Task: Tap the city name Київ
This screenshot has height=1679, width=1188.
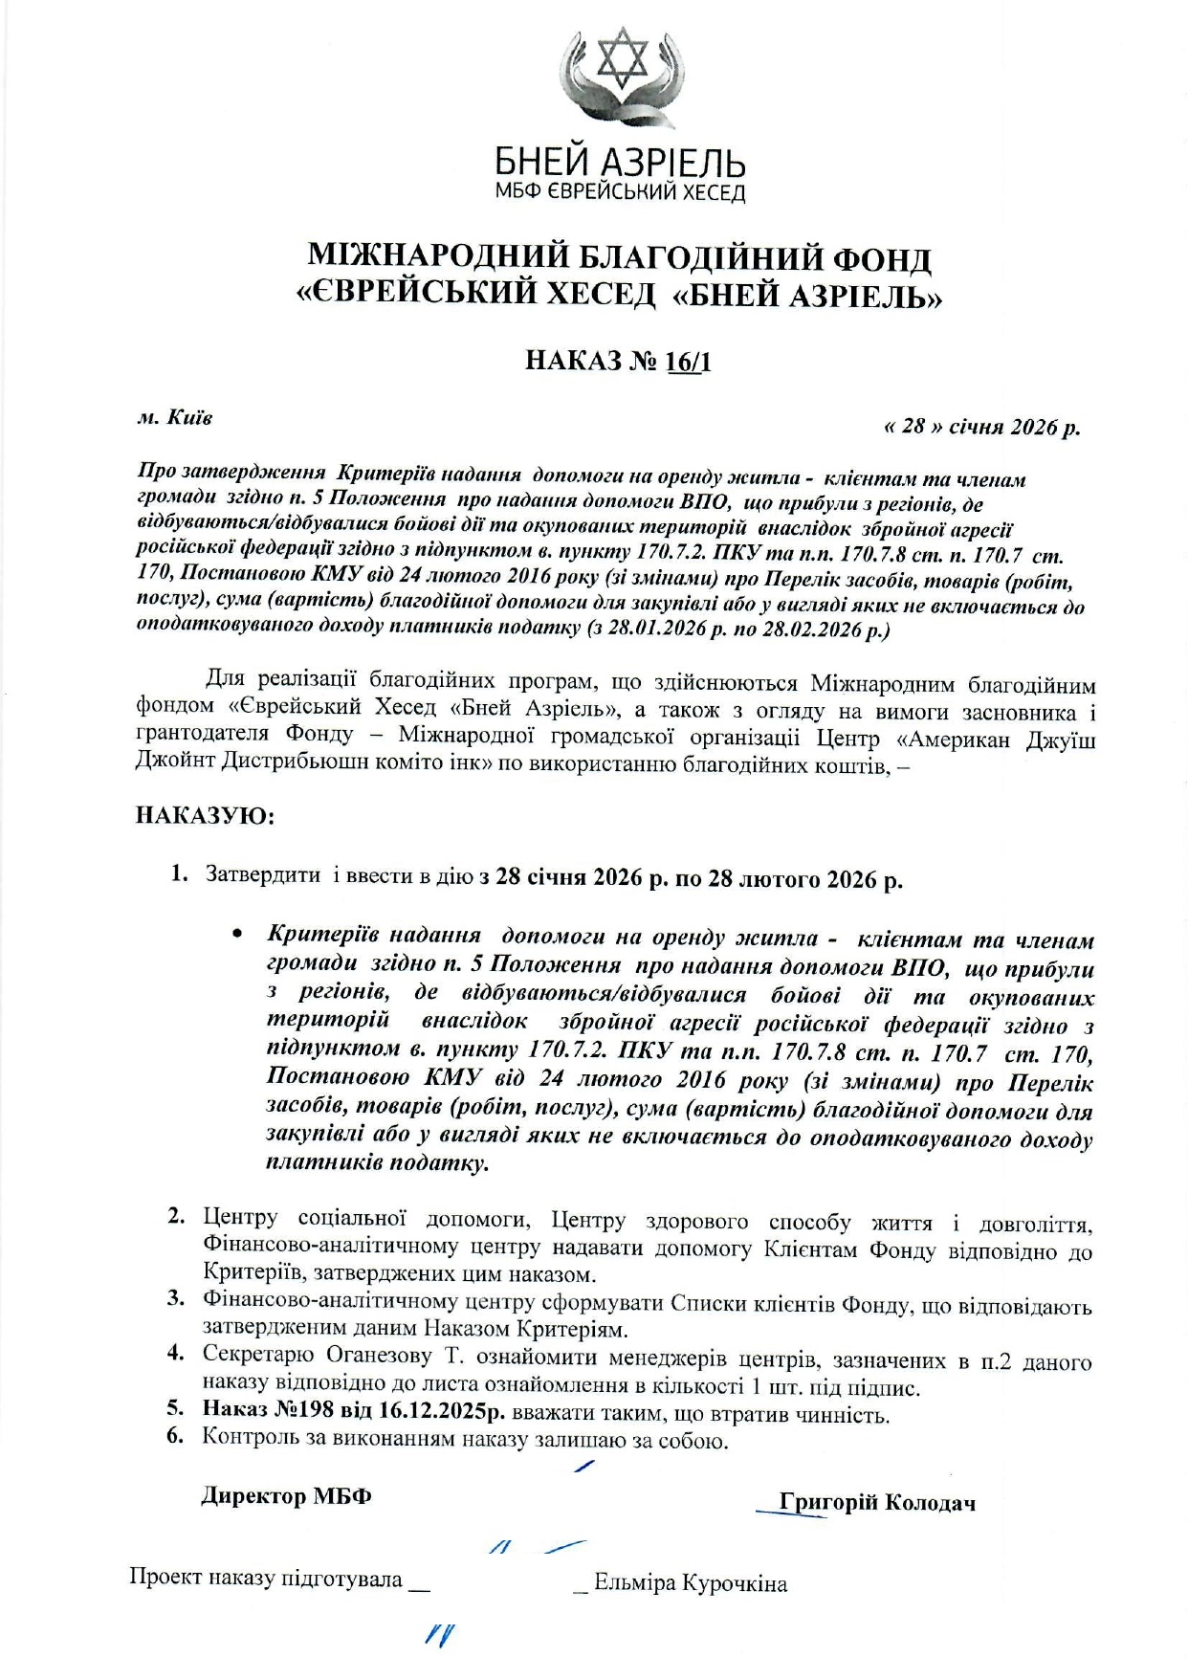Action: point(189,417)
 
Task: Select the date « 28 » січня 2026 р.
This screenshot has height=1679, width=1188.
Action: point(981,427)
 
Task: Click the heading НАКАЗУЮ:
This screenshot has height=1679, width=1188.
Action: point(205,815)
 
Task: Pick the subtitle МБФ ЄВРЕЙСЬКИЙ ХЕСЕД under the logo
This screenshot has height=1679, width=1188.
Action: point(620,192)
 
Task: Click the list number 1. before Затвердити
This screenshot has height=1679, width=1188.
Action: point(179,874)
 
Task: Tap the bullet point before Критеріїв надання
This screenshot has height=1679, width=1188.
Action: point(238,934)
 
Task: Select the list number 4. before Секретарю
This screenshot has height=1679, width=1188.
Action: point(175,1353)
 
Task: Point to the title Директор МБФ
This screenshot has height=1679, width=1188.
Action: point(286,1495)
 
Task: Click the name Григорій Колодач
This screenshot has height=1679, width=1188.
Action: point(877,1502)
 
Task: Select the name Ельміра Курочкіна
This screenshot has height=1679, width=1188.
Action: point(690,1583)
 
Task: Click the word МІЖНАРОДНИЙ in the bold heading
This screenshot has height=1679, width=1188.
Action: point(437,258)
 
